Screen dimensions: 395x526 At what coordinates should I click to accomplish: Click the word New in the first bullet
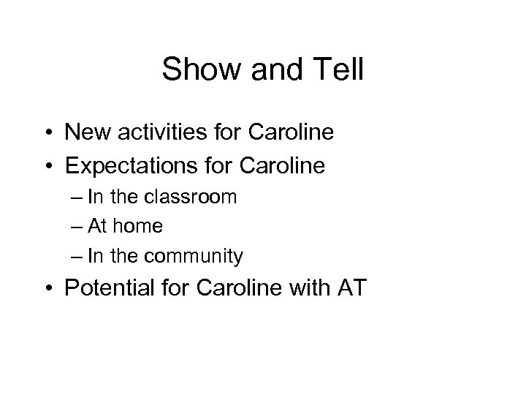(86, 133)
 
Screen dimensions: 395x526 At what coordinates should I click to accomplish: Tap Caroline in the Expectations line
(283, 165)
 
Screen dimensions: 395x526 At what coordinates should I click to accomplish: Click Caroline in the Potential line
(233, 289)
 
